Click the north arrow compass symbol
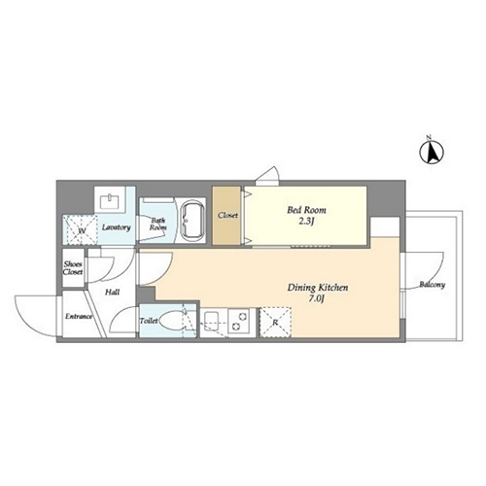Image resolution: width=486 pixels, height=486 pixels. (432, 152)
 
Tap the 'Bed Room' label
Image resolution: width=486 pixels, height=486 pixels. (306, 210)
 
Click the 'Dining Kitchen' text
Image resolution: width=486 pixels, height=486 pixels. (318, 288)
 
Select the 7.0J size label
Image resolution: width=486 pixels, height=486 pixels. (318, 298)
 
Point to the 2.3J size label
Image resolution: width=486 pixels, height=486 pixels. (306, 222)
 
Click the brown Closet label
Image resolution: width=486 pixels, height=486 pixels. (227, 215)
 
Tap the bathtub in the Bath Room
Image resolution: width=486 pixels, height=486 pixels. (192, 222)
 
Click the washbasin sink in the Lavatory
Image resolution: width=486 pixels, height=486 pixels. (111, 201)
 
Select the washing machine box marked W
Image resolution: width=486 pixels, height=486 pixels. (80, 229)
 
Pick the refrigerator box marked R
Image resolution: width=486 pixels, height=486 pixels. (275, 323)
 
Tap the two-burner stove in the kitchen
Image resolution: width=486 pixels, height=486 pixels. (238, 321)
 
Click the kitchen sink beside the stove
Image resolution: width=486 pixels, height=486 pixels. (212, 321)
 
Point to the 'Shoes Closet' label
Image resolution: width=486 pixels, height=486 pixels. (73, 268)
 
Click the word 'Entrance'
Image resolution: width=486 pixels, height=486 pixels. (79, 316)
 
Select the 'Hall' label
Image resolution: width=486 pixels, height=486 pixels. (112, 293)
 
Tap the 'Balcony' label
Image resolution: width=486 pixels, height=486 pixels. (433, 285)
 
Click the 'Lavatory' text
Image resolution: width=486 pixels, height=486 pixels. (117, 227)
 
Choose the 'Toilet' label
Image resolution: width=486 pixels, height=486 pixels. (149, 321)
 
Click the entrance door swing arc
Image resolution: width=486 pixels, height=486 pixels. (27, 324)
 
